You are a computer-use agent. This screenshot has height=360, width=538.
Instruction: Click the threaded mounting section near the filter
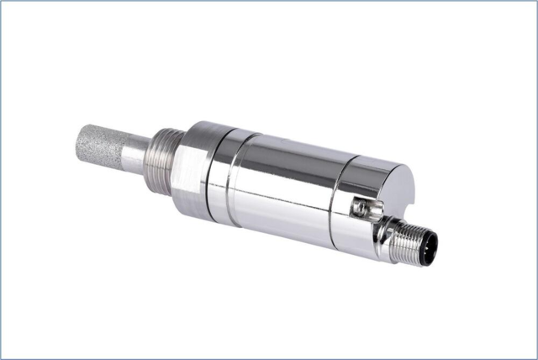click(166, 159)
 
